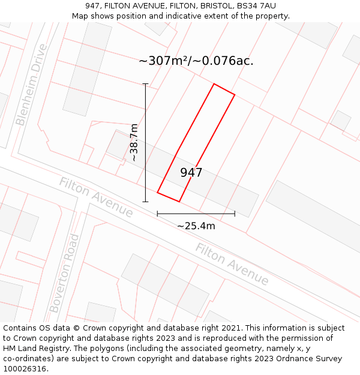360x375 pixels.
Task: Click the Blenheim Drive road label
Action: point(31,85)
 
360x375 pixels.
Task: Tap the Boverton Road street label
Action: point(64,273)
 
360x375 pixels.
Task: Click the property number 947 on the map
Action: point(191,173)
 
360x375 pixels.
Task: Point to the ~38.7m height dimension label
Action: point(134,142)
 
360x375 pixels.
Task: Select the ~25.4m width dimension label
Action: point(196,226)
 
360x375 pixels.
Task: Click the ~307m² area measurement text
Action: point(163,61)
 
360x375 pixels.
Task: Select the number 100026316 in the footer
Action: point(26,369)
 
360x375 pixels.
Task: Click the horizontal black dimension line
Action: point(196,213)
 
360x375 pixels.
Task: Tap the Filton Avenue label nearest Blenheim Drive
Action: point(96,197)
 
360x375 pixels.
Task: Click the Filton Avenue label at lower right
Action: point(232,265)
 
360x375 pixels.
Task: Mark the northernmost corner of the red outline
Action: point(214,84)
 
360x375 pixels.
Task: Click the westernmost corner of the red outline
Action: point(158,192)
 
